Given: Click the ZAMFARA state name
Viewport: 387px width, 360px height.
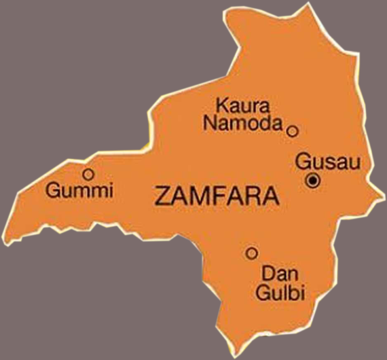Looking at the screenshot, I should tap(217, 197).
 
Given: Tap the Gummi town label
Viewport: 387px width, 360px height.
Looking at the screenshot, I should tap(79, 191).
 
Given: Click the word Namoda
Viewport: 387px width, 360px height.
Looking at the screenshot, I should tap(243, 123).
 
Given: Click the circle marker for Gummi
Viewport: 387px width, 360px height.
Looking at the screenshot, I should tap(88, 174).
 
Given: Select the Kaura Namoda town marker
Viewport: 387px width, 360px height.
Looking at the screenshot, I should tap(293, 131).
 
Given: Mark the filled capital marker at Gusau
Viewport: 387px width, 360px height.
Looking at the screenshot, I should tap(313, 180).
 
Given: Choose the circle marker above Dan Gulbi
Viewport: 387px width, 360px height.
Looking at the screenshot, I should tap(251, 253).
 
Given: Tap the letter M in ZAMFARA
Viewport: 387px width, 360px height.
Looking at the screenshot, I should tap(197, 197).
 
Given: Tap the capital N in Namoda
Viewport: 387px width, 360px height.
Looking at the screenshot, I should tap(210, 123).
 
